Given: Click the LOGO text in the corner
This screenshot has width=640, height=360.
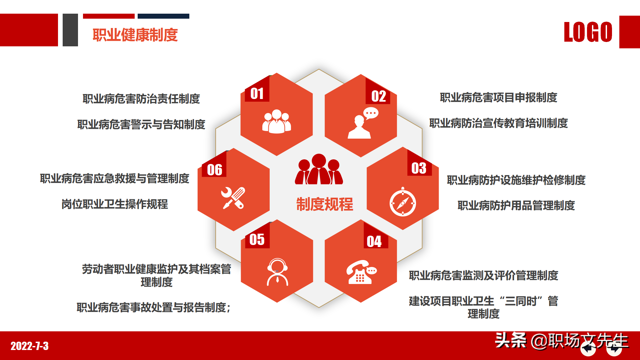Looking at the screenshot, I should tap(588, 32).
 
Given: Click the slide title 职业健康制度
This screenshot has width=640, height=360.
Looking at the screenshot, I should tap(135, 35).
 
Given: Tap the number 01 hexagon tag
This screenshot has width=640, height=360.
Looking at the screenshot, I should tap(257, 94).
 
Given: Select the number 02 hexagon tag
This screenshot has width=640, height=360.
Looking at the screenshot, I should tap(379, 96).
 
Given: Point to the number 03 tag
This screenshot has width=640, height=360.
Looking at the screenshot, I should tap(419, 168).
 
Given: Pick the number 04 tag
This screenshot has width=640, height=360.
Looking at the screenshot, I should tap(374, 242).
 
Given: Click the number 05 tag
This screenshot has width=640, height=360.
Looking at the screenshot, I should tap(257, 240).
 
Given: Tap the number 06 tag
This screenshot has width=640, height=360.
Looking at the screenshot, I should tap(215, 170).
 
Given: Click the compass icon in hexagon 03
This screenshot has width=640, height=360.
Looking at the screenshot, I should tap(403, 202).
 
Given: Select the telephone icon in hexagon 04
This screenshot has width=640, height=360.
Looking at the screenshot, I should tap(361, 272).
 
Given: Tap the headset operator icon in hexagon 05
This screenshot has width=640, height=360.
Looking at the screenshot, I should tap(277, 272).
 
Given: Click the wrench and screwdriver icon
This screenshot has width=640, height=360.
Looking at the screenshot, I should tap(233, 198).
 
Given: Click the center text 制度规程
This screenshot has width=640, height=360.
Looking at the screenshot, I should tap(325, 204).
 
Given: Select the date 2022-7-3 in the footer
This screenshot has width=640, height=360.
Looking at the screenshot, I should tap(30, 346).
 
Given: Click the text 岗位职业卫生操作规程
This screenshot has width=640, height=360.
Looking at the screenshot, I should tap(115, 204).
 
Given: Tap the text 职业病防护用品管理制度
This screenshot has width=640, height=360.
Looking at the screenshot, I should tap(516, 205).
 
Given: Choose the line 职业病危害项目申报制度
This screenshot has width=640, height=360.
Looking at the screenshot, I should tap(498, 98).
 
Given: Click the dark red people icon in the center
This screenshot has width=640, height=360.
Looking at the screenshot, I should tap(319, 170).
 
